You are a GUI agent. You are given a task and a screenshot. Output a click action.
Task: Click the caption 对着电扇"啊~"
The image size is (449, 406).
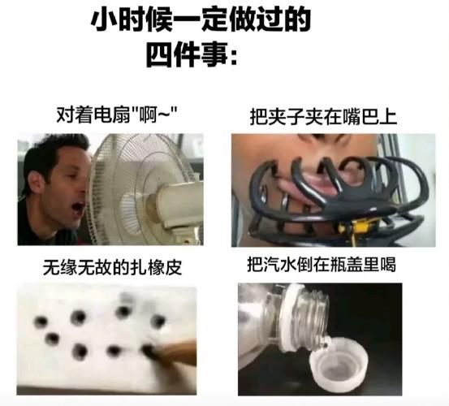pyautogui.click(x=117, y=114)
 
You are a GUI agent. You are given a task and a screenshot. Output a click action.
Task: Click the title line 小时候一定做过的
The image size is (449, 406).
pyautogui.click(x=201, y=19)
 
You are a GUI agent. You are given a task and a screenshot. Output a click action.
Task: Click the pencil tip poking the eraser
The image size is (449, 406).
pyautogui.click(x=151, y=351)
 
